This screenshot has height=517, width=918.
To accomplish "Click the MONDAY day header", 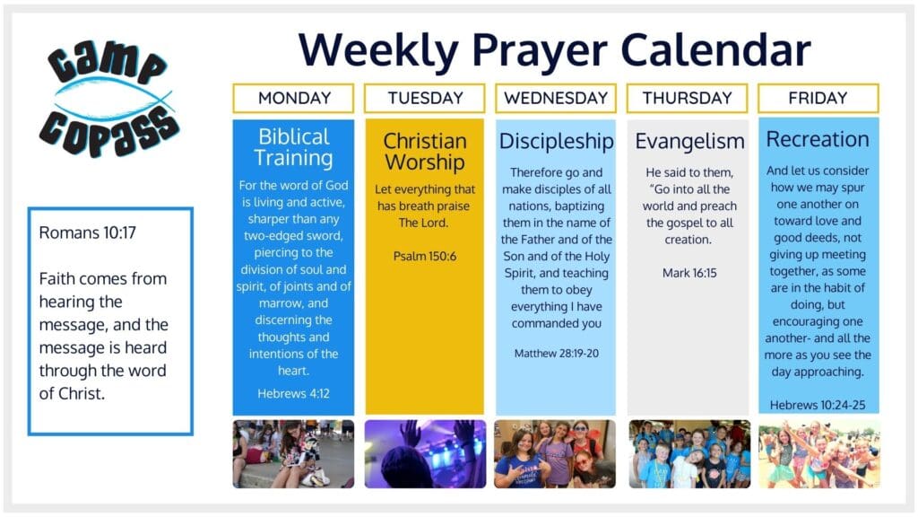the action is tap(293, 98).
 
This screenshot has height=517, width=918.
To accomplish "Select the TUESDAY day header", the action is tap(424, 98).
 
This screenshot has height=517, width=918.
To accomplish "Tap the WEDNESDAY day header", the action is tap(556, 98).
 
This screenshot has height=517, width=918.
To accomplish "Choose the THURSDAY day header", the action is tap(687, 98).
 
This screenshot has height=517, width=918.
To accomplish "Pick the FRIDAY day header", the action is tap(818, 98).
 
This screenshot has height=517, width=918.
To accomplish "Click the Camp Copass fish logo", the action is tap(108, 99).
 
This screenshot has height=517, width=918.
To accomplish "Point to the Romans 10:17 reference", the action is tap(87, 232).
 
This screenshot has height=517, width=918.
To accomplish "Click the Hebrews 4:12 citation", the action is tap(293, 393).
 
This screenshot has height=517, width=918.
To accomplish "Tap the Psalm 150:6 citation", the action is tap(424, 256).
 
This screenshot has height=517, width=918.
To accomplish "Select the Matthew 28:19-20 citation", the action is tap(556, 354).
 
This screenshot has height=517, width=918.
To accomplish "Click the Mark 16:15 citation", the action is tap(689, 273).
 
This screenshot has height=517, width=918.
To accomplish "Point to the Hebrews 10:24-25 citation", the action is tap(818, 405).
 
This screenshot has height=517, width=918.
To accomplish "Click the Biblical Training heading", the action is tap(294, 147).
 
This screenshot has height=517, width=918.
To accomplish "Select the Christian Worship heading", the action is tap(424, 151).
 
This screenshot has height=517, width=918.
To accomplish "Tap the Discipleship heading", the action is tap(556, 141).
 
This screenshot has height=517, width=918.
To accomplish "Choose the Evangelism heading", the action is tap(689, 141).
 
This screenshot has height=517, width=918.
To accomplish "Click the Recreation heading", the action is tap(818, 139).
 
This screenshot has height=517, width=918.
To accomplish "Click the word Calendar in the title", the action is tap(715, 50).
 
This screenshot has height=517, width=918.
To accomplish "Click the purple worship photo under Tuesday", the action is tap(425, 453).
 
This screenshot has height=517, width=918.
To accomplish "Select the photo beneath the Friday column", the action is tap(819, 453).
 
